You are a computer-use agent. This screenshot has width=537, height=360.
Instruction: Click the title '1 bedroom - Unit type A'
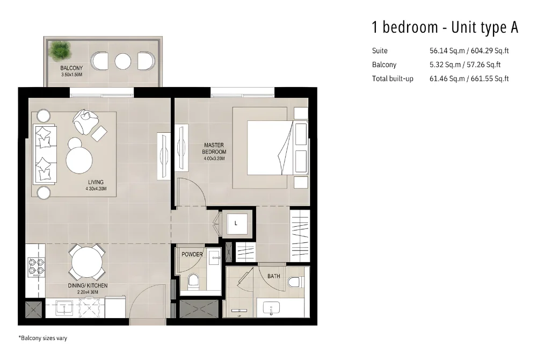pyautogui.click(x=445, y=27)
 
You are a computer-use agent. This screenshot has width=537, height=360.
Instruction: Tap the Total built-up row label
pyautogui.click(x=393, y=79)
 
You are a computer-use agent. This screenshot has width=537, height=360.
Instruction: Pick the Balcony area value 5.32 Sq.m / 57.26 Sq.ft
pyautogui.click(x=465, y=65)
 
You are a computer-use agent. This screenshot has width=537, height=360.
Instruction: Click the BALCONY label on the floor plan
pyautogui.click(x=71, y=68)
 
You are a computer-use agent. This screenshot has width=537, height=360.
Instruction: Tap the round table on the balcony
pyautogui.click(x=124, y=61)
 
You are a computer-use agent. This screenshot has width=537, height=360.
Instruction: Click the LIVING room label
pyautogui.click(x=96, y=182)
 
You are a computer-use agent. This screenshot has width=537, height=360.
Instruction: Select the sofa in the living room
pyautogui.click(x=45, y=154)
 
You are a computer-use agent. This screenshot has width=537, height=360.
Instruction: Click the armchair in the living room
pyautogui.click(x=84, y=122)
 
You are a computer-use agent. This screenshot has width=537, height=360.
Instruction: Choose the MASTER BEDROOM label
pyautogui.click(x=214, y=148)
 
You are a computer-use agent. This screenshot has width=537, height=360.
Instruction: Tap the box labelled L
pyautogui.click(x=236, y=223)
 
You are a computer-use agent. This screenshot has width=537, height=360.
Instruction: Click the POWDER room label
pyautogui.click(x=192, y=254)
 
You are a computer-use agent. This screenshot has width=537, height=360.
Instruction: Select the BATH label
pyautogui.click(x=274, y=276)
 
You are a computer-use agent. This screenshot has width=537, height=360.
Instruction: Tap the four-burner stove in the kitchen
pyautogui.click(x=37, y=267)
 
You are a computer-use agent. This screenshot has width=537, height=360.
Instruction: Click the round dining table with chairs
pyautogui.click(x=86, y=262)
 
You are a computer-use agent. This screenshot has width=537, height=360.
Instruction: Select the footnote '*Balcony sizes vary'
pyautogui.click(x=43, y=339)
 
